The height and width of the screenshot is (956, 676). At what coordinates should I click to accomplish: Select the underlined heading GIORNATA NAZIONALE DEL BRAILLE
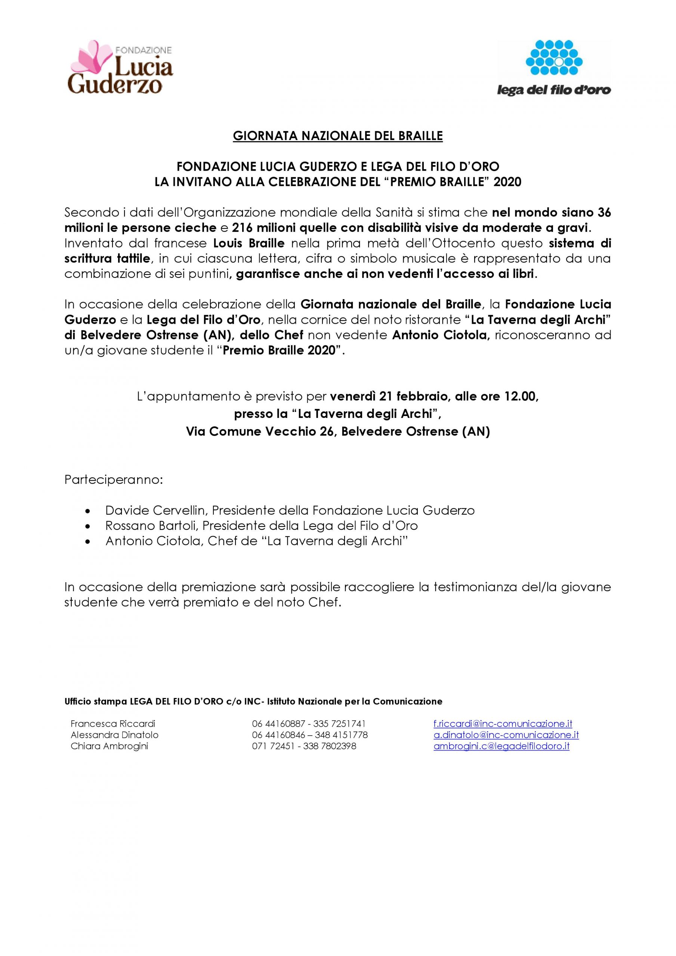337,136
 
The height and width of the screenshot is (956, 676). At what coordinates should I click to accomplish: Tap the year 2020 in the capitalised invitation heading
507,182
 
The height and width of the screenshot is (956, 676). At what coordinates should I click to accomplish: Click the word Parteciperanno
113,480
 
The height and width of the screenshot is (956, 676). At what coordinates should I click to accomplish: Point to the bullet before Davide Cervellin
87,511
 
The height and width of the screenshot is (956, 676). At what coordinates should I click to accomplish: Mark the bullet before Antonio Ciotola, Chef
87,542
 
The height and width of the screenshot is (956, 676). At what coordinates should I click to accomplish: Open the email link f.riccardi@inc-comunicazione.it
503,724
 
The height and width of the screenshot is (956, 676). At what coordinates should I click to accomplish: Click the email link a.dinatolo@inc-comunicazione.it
506,735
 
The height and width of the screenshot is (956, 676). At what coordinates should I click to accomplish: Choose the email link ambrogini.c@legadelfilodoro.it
501,746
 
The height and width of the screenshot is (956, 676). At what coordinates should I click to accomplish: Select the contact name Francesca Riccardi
113,724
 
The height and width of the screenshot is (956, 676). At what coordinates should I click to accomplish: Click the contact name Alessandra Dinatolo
115,735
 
